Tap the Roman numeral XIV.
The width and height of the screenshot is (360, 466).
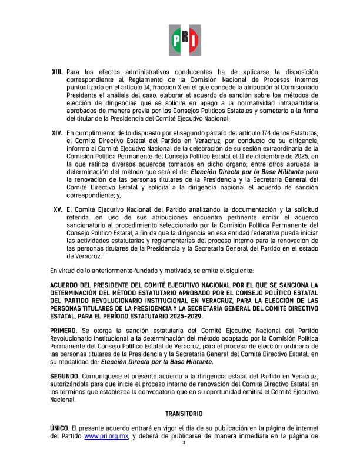(x=58, y=134)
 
